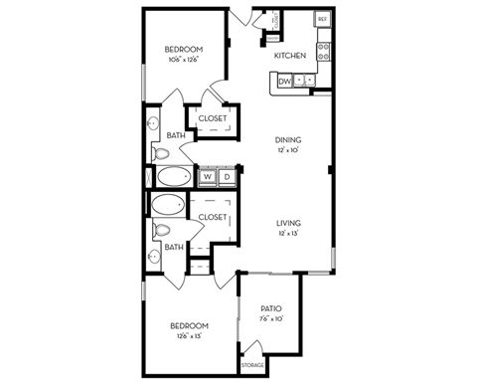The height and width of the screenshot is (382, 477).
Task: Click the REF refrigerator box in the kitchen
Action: [x=322, y=19]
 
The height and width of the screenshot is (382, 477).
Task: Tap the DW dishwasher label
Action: [x=284, y=82]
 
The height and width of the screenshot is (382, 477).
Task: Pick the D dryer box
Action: [x=227, y=177]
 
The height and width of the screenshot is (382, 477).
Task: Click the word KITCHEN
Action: [x=290, y=56]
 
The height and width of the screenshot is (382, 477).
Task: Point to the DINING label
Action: [x=288, y=140]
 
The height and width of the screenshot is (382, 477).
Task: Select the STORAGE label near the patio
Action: [x=252, y=366]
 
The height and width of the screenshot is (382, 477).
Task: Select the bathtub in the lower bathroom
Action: [x=168, y=206]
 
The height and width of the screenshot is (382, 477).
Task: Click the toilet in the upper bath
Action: [x=162, y=153]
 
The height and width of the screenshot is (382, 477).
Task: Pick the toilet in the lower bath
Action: [x=162, y=231]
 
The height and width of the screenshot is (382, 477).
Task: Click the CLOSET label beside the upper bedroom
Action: [x=213, y=118]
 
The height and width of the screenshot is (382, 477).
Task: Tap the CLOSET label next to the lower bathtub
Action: [x=213, y=217]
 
